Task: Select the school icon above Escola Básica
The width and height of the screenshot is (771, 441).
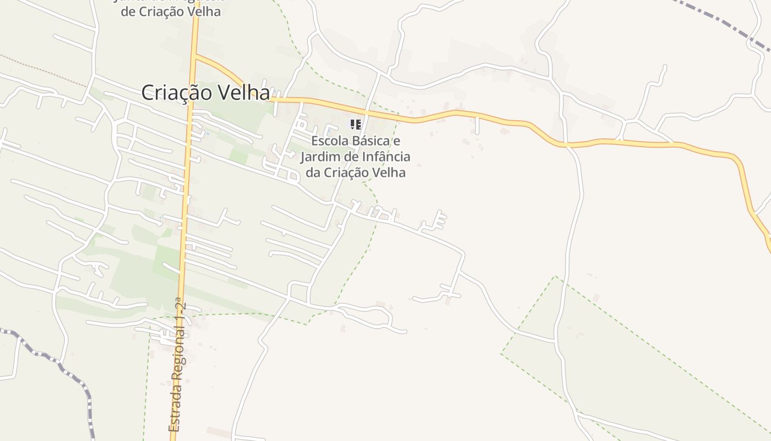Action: pos(356,125)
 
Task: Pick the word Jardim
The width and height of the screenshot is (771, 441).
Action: pos(318,157)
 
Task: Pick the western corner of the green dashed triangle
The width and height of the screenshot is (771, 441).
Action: pos(501,354)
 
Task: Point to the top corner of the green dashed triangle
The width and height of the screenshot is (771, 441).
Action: pos(555,277)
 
